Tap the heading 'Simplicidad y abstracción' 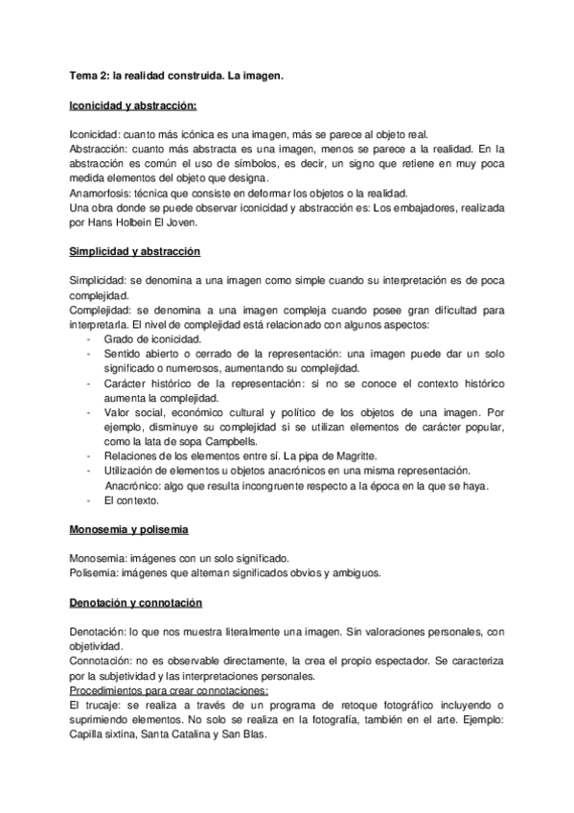coord(135,250)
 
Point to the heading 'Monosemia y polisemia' coord(129,529)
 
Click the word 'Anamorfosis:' coord(101,192)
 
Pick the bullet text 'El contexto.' coord(132,499)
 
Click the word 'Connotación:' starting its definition coord(104,662)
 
